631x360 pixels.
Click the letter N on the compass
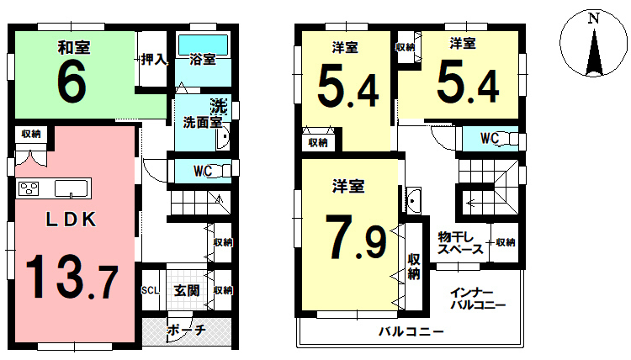(x=594, y=17)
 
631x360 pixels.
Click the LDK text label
(x=72, y=220)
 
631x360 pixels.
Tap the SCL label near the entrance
(x=151, y=291)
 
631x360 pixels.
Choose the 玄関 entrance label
(x=186, y=291)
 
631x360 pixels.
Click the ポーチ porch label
(x=186, y=330)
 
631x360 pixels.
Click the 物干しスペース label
(x=459, y=242)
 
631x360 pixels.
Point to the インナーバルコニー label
(x=478, y=299)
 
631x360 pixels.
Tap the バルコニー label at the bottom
(x=410, y=331)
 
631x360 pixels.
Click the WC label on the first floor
(x=203, y=171)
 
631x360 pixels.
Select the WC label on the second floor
(x=490, y=138)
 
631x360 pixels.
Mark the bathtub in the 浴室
(x=203, y=43)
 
